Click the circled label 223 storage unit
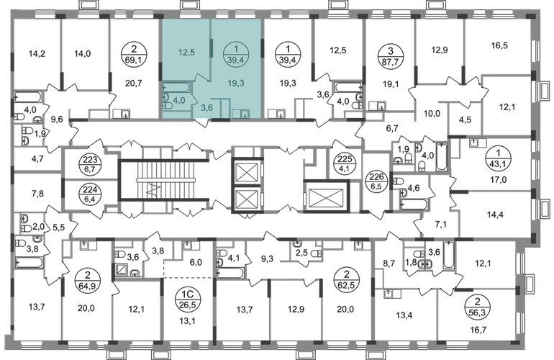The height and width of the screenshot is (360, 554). tap(91, 165)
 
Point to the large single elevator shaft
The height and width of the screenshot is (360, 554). tap(326, 197)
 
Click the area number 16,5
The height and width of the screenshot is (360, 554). tap(499, 45)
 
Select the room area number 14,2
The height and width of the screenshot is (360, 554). tap(37, 54)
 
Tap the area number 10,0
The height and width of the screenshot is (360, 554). tap(432, 114)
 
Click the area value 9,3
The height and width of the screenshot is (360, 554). tap(267, 260)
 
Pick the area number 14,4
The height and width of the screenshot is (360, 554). tap(495, 214)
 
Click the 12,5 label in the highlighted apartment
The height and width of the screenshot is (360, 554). tap(186, 53)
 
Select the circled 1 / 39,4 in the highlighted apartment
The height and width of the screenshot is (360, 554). tap(236, 55)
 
